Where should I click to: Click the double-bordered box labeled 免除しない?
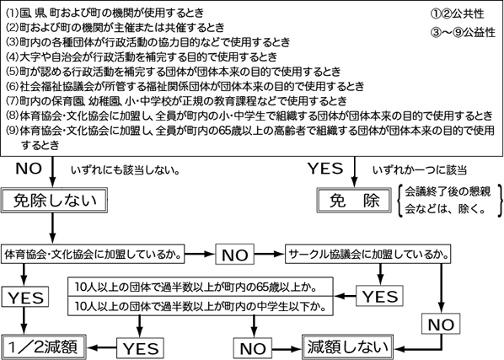[54, 201]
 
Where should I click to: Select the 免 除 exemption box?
[354, 201]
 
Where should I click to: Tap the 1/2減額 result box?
[44, 347]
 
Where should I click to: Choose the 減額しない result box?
[348, 347]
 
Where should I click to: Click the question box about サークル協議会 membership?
[368, 255]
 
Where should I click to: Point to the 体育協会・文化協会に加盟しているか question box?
[93, 255]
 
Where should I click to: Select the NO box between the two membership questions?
[234, 255]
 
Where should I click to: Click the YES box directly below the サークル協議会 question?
[379, 296]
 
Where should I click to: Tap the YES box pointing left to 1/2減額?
[140, 348]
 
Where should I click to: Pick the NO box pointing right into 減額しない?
[253, 348]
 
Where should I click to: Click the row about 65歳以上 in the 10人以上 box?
[201, 287]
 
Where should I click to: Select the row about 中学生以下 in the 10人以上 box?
[201, 306]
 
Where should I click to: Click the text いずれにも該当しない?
[126, 170]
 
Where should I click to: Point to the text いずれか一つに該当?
[420, 170]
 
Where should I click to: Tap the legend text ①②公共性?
[457, 13]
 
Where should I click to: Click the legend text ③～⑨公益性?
[463, 32]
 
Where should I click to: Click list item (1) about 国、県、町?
[105, 13]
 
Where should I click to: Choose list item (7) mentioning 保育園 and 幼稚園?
[176, 101]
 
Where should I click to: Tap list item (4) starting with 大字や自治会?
[142, 56]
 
